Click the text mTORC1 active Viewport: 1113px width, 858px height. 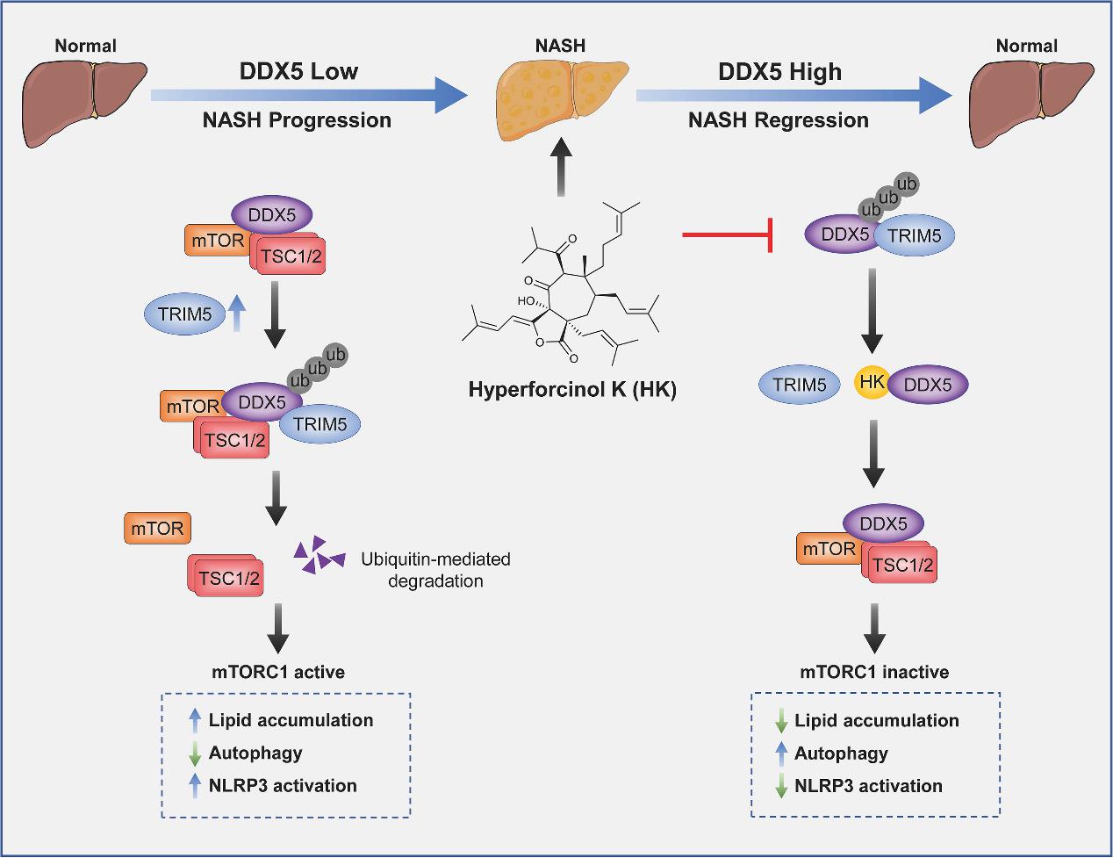pyautogui.click(x=278, y=672)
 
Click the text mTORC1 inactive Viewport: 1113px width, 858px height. pyautogui.click(x=874, y=673)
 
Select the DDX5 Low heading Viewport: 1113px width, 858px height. pyautogui.click(x=298, y=71)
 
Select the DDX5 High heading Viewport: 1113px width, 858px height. pyautogui.click(x=779, y=71)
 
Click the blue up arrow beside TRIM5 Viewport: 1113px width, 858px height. pyautogui.click(x=234, y=314)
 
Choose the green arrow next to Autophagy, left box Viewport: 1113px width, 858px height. pyautogui.click(x=195, y=753)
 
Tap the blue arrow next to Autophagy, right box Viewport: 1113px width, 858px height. pyautogui.click(x=780, y=753)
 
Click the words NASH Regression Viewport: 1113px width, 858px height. pyautogui.click(x=778, y=120)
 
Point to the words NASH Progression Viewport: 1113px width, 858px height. pyautogui.click(x=297, y=120)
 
